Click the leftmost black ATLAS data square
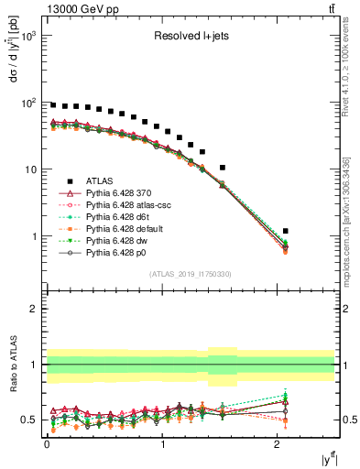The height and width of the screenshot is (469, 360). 53,105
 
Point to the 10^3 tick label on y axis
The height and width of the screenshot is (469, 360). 30,36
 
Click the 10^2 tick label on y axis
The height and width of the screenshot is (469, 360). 30,103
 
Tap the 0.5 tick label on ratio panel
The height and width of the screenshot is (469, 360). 27,420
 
